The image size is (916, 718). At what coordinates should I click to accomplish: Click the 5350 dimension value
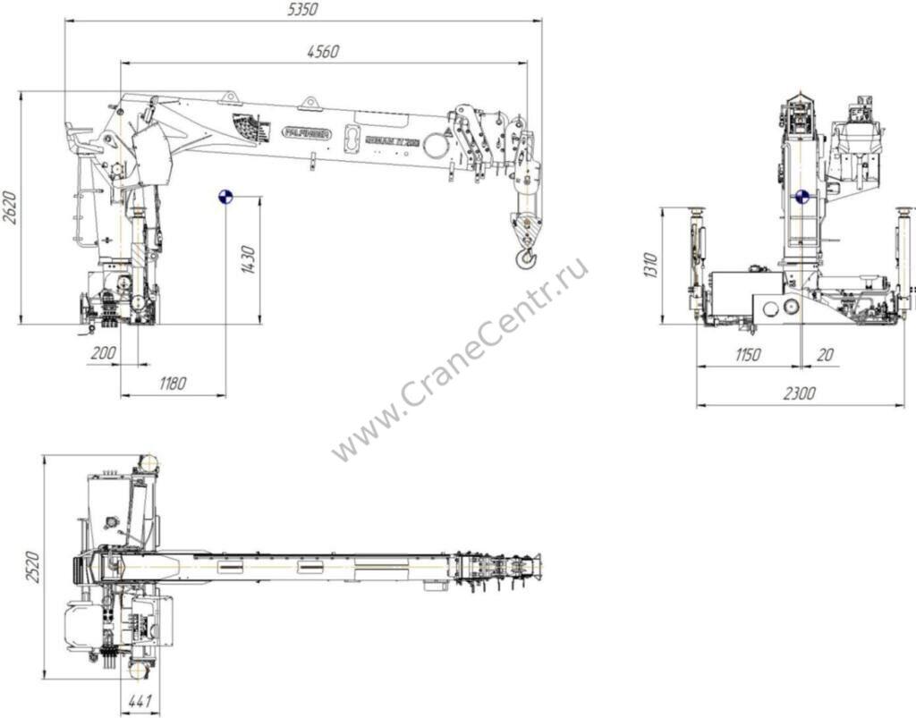pyautogui.click(x=303, y=10)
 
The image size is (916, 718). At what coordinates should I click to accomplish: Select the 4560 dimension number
pyautogui.click(x=322, y=52)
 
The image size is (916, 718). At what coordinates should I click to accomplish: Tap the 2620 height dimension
pyautogui.click(x=9, y=207)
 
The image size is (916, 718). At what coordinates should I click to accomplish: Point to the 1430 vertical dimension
pyautogui.click(x=249, y=259)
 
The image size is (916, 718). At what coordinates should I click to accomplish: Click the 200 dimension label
pyautogui.click(x=104, y=354)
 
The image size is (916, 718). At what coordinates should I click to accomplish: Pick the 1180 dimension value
pyautogui.click(x=173, y=384)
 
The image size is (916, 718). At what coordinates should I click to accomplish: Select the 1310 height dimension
pyautogui.click(x=651, y=266)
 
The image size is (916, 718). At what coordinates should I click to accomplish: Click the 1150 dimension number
pyautogui.click(x=748, y=355)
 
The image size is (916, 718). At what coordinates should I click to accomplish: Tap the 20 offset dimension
pyautogui.click(x=826, y=355)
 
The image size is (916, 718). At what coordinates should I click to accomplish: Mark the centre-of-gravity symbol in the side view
pyautogui.click(x=225, y=197)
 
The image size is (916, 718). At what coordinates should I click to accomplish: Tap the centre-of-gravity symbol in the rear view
pyautogui.click(x=801, y=197)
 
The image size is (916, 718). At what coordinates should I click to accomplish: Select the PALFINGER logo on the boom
pyautogui.click(x=307, y=133)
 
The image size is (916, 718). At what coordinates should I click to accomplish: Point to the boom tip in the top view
pyautogui.click(x=537, y=567)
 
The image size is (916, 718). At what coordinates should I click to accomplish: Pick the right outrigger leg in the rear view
pyautogui.click(x=903, y=259)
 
